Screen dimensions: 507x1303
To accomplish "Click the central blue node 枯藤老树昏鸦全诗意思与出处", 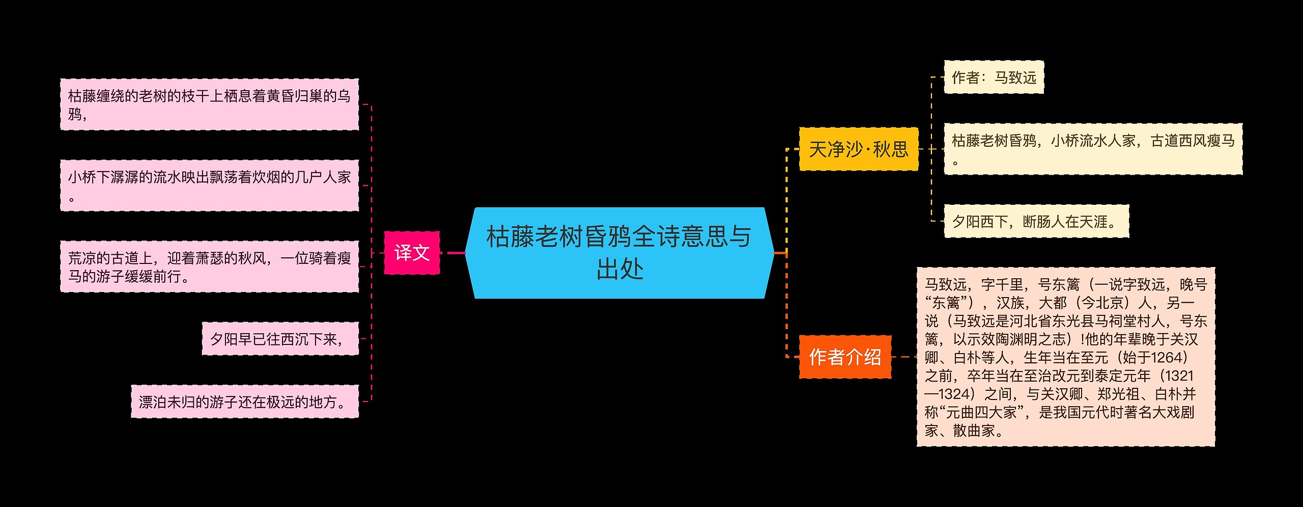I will tap(619, 252).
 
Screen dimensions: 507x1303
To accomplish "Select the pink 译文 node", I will tap(411, 253).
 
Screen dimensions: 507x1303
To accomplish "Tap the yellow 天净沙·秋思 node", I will tap(858, 149).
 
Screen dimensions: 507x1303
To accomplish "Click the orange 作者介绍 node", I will tap(845, 357).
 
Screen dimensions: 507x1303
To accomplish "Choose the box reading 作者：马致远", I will tap(994, 77).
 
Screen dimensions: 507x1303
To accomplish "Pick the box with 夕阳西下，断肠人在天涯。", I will tap(1036, 222).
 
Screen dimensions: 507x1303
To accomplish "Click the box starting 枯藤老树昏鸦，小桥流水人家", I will tap(1093, 149).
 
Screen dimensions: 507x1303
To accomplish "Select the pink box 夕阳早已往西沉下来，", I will tap(280, 338).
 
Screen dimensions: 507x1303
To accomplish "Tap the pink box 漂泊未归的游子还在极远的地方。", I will tap(244, 402).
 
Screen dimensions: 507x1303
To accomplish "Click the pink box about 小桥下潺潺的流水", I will tap(209, 185).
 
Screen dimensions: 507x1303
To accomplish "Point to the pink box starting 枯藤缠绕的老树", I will tap(209, 104).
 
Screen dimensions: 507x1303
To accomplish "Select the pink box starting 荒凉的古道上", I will tap(209, 266).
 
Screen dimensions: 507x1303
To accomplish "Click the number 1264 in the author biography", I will tap(1166, 358).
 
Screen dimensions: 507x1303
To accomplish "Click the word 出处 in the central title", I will tap(619, 269).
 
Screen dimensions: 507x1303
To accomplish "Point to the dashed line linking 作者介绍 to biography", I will tap(903, 357).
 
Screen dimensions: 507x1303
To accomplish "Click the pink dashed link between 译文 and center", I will tap(452, 253).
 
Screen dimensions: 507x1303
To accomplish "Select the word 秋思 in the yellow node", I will tap(890, 149).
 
